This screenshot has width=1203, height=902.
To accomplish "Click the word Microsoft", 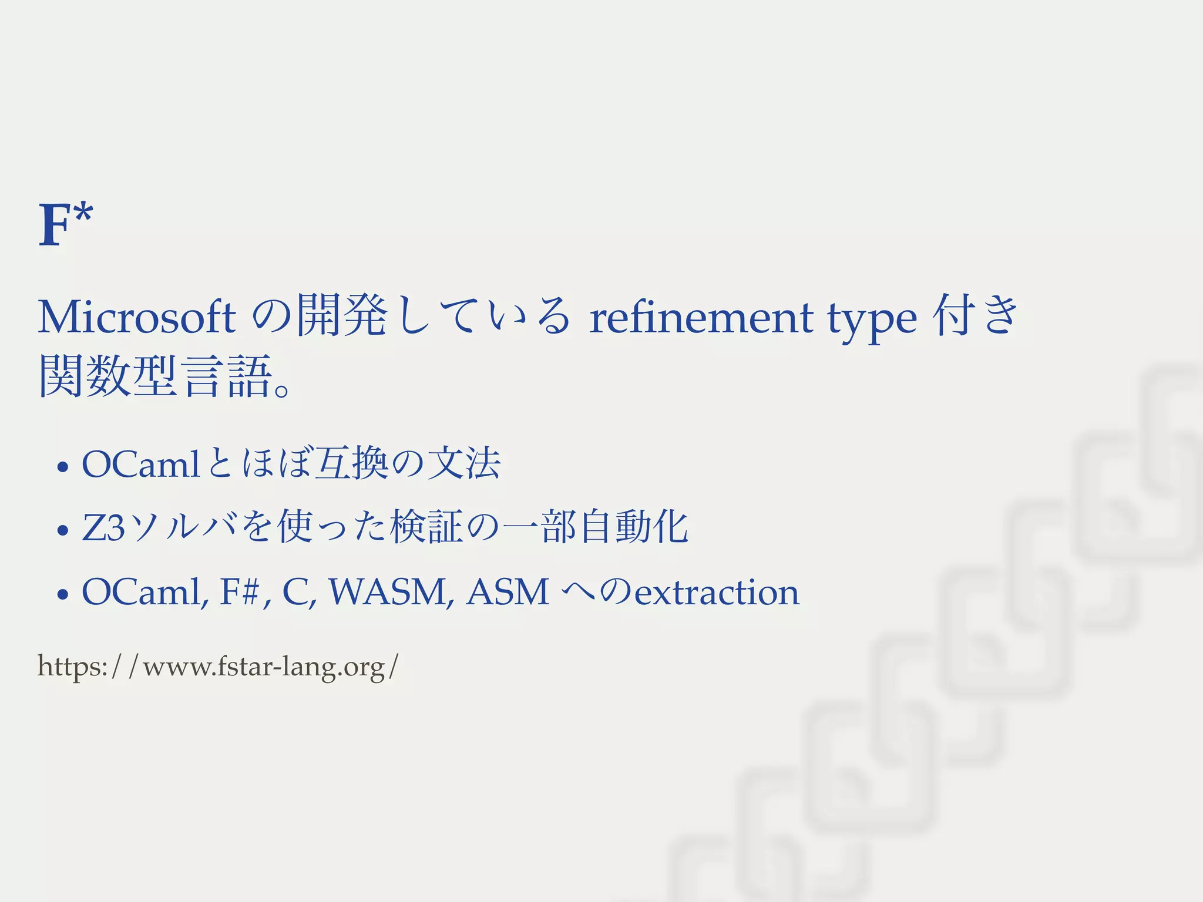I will tap(136, 317).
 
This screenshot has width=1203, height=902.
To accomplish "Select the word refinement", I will tap(701, 317).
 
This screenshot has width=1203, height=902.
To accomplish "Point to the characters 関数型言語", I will tap(155, 376).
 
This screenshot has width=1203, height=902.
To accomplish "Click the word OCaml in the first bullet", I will tap(141, 464).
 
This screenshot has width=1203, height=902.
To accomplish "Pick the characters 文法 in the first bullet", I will tap(464, 464).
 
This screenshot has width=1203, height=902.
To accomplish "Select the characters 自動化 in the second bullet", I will tap(633, 527).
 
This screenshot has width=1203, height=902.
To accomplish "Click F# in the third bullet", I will tap(240, 591).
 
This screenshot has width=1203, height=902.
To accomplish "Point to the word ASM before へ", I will tap(508, 591).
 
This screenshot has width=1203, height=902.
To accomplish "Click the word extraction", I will tap(717, 592).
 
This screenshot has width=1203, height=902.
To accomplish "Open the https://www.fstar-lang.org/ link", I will tap(218, 667).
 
